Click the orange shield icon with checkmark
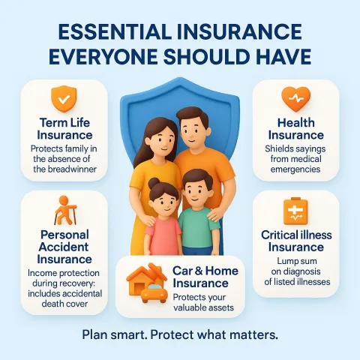pos(64,99)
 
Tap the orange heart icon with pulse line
pos(296,99)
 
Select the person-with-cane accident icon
pos(65,210)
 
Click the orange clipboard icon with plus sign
pos(295,211)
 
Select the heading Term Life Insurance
pos(64,129)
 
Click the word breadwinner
pos(72,169)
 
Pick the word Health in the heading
pos(296,123)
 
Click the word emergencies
pos(295,169)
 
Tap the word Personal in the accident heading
pos(64,235)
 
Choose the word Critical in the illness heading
pos(279,235)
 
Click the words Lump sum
pos(297,261)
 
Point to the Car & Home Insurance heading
pos(205,277)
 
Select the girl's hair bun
pos(154,183)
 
